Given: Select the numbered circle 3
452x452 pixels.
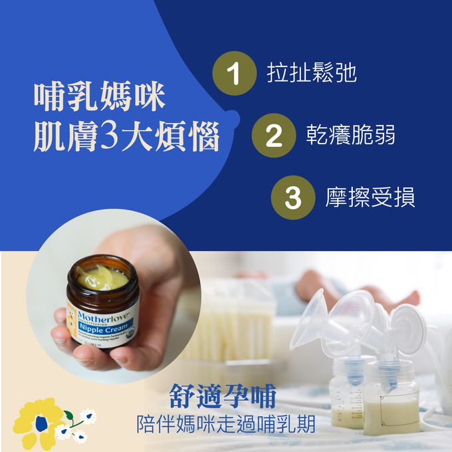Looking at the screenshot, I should (293, 198).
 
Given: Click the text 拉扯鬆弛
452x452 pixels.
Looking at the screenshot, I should (312, 73).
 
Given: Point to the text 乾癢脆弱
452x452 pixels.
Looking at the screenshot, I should (350, 135).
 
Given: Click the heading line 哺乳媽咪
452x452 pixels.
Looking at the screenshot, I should (100, 97).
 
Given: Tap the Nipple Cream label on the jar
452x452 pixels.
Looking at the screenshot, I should (104, 327).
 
